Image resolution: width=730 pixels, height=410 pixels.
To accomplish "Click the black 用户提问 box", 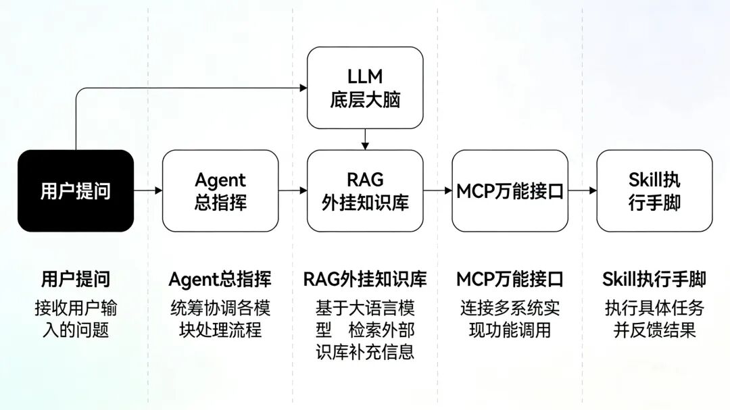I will click(x=76, y=190).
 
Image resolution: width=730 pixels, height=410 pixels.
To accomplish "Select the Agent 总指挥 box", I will click(x=220, y=190).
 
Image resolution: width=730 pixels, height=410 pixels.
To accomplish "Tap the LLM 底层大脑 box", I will click(x=365, y=88).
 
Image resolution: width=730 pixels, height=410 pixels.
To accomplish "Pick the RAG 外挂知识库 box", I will click(x=365, y=190).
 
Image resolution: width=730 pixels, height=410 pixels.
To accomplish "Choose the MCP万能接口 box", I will click(x=510, y=190).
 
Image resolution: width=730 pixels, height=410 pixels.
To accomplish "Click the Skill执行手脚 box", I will click(x=654, y=190).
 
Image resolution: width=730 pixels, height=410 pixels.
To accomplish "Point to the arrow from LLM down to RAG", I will click(x=365, y=139).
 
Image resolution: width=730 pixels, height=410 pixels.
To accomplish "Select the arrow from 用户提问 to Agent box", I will click(x=148, y=190).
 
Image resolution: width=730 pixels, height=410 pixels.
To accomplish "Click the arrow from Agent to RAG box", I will click(x=293, y=190).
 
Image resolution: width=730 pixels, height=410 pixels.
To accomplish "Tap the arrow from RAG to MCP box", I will click(x=437, y=190).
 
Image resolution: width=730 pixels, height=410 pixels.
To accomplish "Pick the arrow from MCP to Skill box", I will click(x=582, y=190).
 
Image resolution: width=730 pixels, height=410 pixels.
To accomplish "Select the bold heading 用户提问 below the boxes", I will click(x=76, y=279).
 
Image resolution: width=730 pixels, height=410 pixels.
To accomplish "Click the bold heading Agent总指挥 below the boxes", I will click(x=220, y=279).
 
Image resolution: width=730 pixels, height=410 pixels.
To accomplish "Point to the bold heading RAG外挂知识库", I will click(x=365, y=279).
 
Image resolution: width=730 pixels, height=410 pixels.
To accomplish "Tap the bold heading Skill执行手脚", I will click(x=654, y=279).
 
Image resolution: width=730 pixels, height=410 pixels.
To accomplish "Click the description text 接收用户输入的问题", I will click(x=76, y=319).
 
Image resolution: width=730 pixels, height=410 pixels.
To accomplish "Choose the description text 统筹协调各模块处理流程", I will click(x=220, y=319).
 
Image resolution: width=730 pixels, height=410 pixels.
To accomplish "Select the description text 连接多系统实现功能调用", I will click(x=510, y=319).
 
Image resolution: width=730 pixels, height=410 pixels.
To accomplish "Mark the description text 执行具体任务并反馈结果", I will click(x=654, y=319).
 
